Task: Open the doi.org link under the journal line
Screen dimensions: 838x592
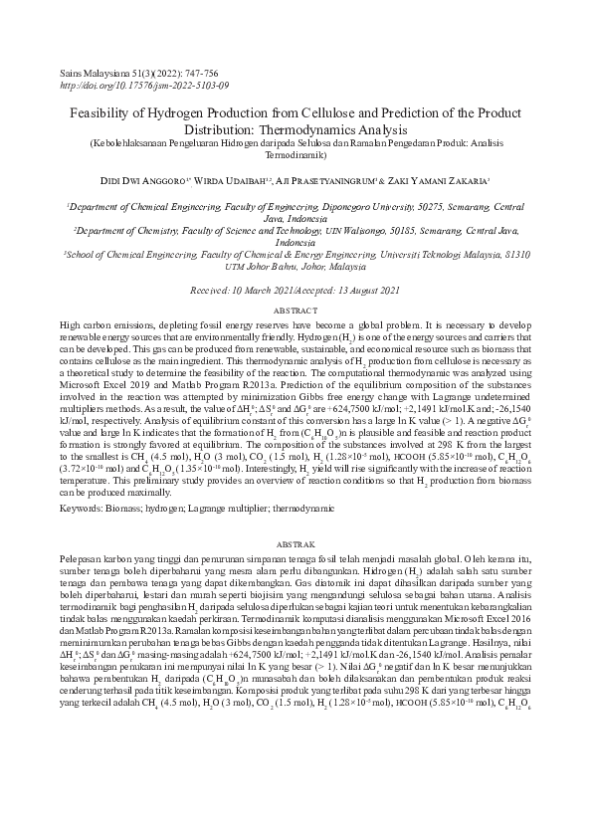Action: [x=144, y=86]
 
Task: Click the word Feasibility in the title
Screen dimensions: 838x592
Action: [x=104, y=114]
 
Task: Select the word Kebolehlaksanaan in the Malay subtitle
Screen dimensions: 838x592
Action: [x=125, y=144]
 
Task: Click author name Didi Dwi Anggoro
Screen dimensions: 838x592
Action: [x=140, y=180]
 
